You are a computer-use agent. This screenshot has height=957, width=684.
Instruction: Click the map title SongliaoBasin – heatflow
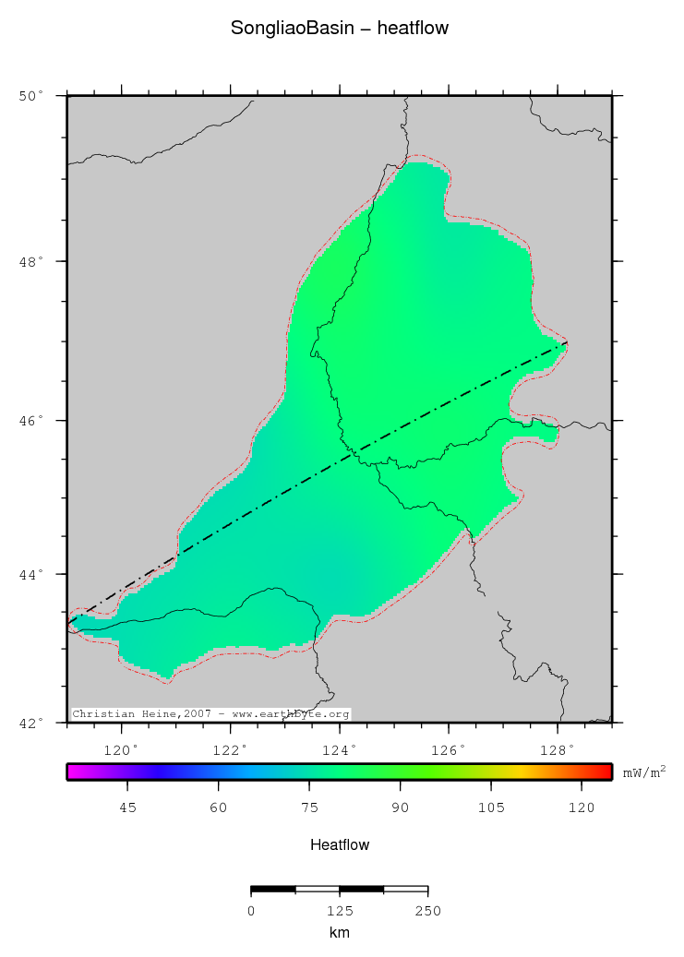point(340,29)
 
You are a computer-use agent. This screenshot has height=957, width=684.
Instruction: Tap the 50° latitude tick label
point(31,95)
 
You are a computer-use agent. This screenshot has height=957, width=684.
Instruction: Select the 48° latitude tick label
point(31,261)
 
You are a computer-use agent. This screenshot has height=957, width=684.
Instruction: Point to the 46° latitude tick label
point(31,421)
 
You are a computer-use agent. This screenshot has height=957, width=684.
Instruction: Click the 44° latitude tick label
point(31,574)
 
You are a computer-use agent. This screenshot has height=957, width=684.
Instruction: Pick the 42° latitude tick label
point(31,723)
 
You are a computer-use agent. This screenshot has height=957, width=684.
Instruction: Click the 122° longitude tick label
point(231,748)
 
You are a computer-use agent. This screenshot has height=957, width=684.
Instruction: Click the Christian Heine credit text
point(210,714)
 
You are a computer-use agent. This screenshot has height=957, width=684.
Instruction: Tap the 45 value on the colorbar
point(128,807)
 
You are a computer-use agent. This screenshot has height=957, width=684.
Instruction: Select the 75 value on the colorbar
point(309,807)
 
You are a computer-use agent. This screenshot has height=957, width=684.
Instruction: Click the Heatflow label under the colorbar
point(340,844)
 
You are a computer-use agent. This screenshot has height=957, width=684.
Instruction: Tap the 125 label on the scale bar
point(340,911)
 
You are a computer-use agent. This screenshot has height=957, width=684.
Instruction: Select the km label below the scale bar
point(340,933)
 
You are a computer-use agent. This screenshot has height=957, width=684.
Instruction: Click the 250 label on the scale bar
point(427,911)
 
